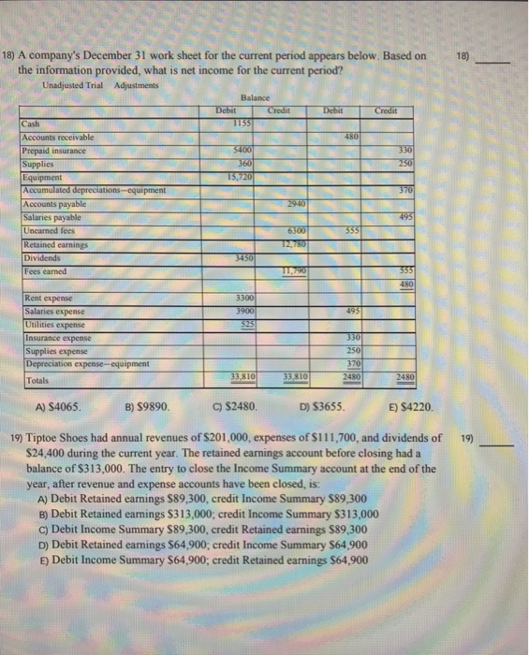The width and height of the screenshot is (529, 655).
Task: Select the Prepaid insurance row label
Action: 53,150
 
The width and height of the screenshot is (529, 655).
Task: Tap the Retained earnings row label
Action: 51,246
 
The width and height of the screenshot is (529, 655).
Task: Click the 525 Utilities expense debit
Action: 242,322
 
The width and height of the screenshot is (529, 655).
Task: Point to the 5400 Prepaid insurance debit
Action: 242,150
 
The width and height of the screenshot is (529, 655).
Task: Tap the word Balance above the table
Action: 255,97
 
